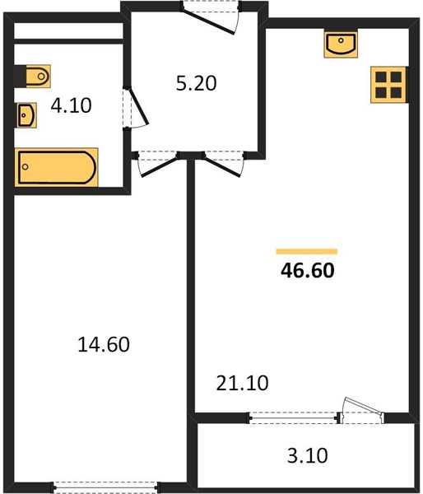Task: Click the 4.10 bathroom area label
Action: pos(71,105)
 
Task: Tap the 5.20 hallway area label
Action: pos(196,83)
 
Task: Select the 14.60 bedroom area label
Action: pos(104,344)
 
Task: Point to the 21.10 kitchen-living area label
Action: pos(242,383)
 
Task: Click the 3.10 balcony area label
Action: pos(308,455)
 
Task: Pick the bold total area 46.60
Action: pos(308,270)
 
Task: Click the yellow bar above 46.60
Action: pos(307,251)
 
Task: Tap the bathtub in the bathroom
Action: pos(57,167)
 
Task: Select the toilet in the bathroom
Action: pos(35,76)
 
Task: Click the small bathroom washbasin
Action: pos(26,115)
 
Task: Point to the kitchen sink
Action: pos(341,44)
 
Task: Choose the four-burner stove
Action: pos(388,85)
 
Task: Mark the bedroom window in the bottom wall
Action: pos(105,487)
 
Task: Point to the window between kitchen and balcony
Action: pos(294,418)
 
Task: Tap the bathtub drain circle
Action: pos(26,166)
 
